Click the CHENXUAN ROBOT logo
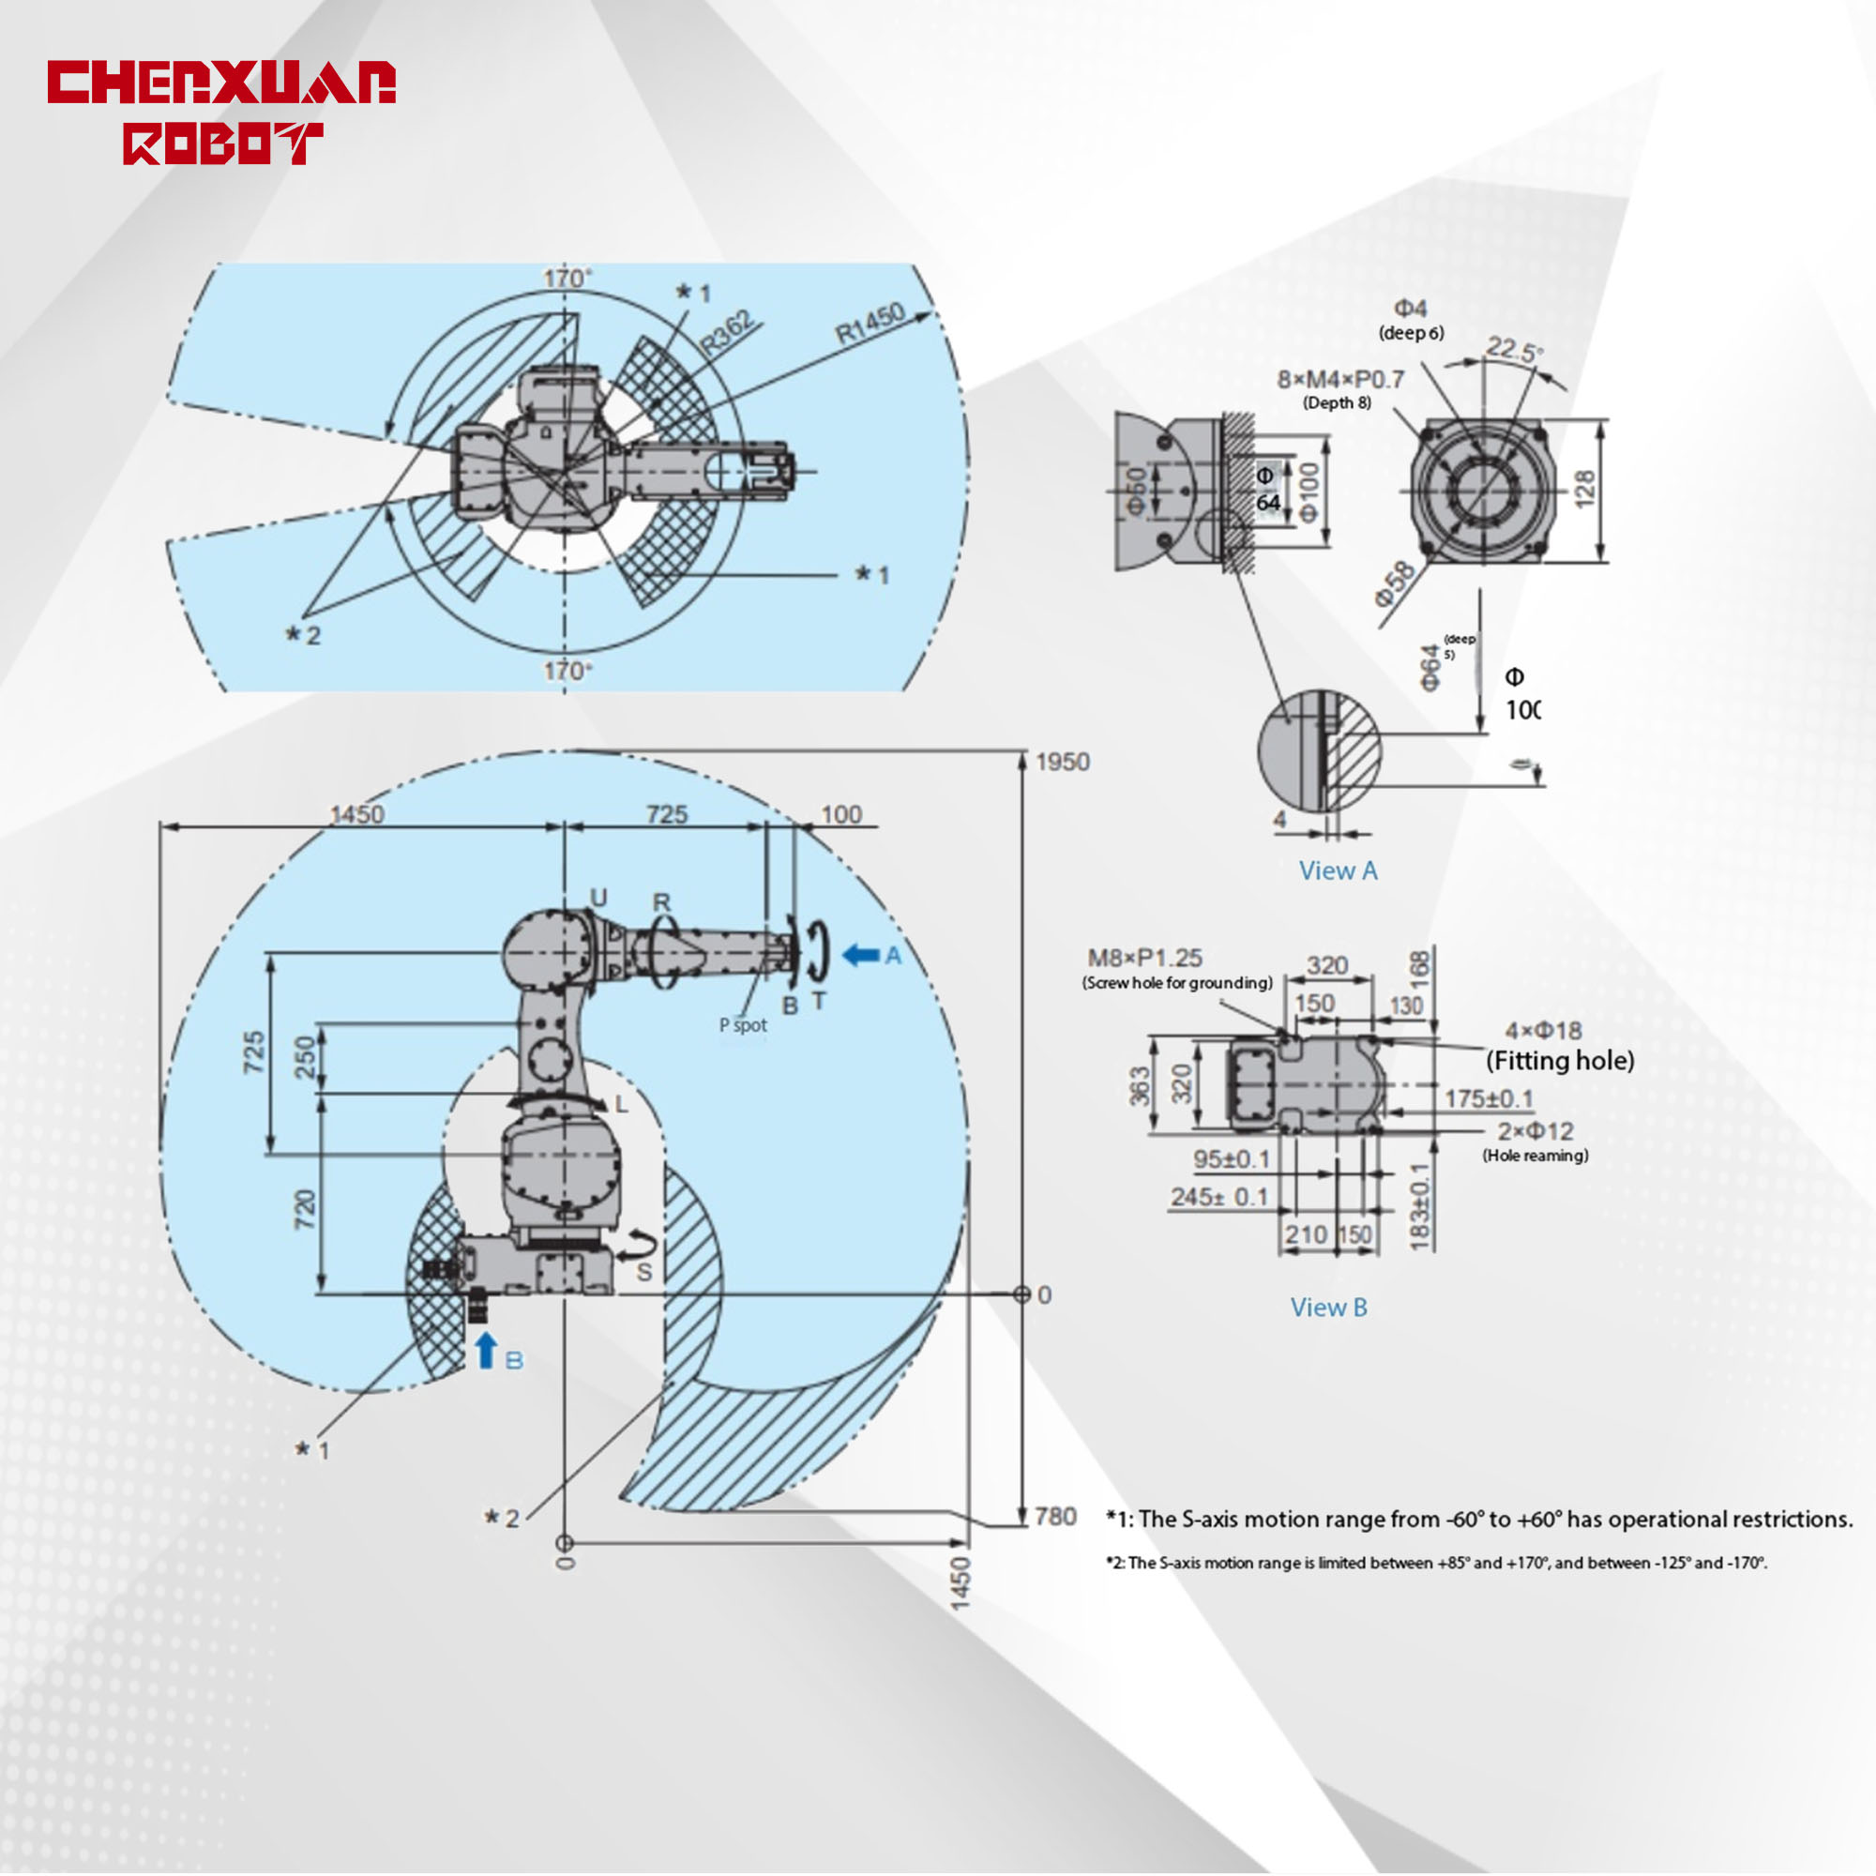[221, 111]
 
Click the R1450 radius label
[871, 324]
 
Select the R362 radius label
[727, 332]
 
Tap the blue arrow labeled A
[860, 955]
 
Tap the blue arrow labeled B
[487, 1352]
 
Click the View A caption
[1339, 871]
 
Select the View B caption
[1328, 1308]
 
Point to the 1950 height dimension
[1063, 762]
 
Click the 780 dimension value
[1055, 1517]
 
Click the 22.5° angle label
[1514, 350]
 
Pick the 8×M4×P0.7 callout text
[1340, 380]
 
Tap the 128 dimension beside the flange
[1583, 489]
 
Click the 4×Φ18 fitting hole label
[1543, 1030]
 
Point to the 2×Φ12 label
[1536, 1131]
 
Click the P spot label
[743, 1025]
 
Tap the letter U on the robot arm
[599, 898]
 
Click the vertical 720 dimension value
[305, 1209]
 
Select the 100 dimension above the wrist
[840, 813]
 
